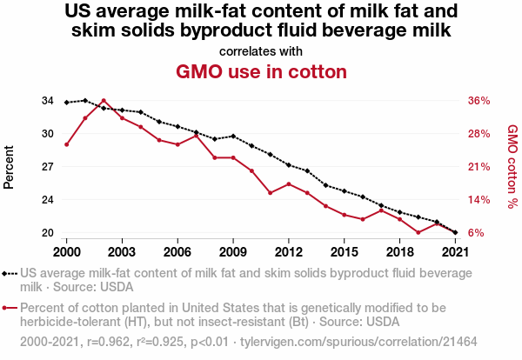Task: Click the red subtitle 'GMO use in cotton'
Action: coord(261,71)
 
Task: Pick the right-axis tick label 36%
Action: coord(479,101)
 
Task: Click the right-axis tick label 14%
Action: coord(479,200)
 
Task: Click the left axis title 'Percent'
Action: coord(10,167)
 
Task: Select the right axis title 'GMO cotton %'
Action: coord(512,167)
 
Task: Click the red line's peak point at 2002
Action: coord(104,101)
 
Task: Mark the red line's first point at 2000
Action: coord(67,144)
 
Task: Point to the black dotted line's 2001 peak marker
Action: coord(85,101)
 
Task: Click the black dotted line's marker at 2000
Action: coord(67,103)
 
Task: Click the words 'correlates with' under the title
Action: coord(261,50)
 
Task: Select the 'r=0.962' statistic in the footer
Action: coord(110,342)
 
